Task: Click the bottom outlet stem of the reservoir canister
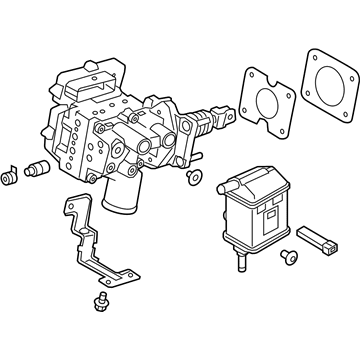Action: [x=243, y=264]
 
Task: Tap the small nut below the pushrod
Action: [x=192, y=177]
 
